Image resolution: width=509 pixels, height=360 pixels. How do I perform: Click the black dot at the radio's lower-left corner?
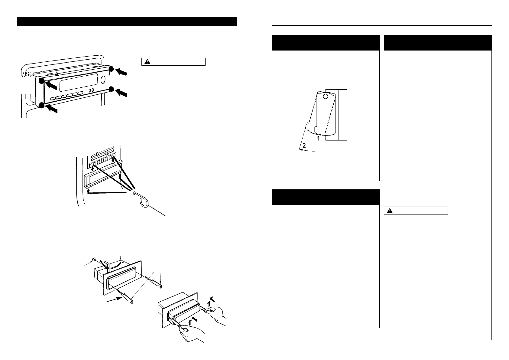click(x=41, y=105)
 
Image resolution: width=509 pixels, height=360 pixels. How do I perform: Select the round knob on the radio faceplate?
click(x=102, y=80)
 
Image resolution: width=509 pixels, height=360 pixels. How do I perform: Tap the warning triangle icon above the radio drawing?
click(x=147, y=62)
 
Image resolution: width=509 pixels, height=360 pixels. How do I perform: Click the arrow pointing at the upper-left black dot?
click(x=50, y=86)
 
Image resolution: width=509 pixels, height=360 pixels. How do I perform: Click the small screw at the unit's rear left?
click(x=94, y=259)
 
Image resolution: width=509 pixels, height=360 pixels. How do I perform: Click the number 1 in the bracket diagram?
click(x=318, y=138)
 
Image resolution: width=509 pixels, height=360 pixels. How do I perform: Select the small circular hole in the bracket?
click(x=325, y=97)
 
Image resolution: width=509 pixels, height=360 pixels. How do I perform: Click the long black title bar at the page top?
click(x=127, y=22)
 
